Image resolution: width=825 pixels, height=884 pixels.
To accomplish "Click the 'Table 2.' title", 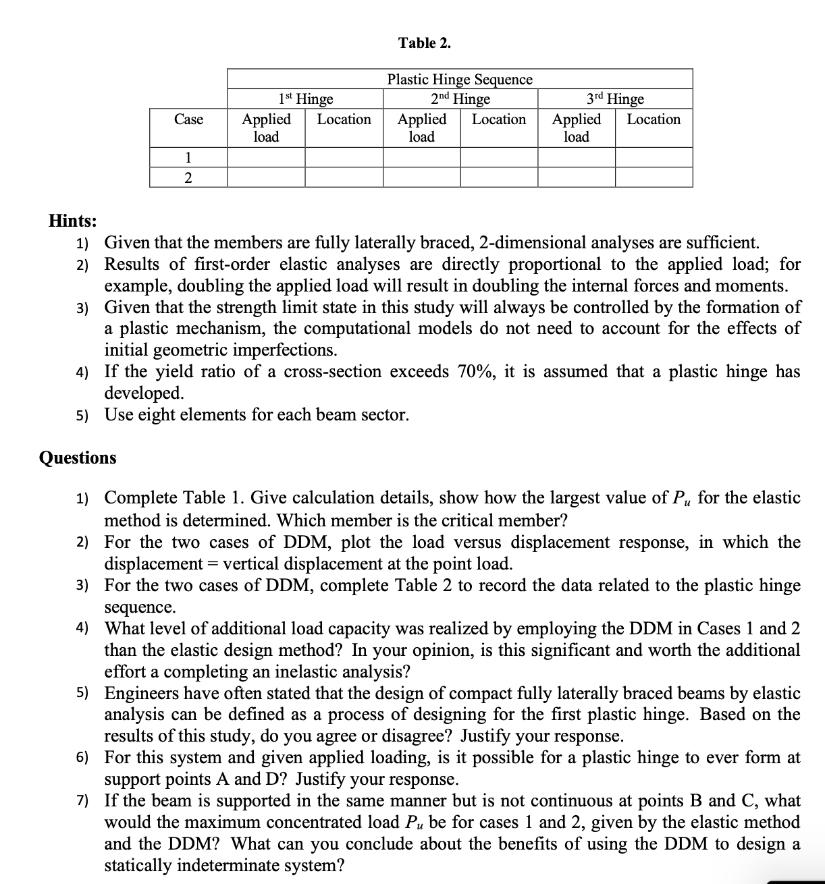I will (425, 43).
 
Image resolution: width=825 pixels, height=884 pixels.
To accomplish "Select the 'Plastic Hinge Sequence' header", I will (460, 79).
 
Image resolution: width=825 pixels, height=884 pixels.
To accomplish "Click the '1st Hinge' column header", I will (305, 99).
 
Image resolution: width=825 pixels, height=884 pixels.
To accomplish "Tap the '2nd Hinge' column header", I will (460, 99).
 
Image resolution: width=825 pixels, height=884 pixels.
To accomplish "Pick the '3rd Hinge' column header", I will (615, 99).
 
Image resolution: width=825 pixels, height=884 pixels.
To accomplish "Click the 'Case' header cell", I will (188, 119).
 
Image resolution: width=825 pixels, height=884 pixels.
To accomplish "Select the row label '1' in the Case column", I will (188, 158).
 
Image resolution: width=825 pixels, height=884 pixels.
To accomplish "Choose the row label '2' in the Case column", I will (188, 177).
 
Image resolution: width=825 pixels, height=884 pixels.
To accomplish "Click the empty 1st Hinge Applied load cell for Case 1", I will (266, 158).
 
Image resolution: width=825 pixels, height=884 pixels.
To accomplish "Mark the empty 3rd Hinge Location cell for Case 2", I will (654, 177).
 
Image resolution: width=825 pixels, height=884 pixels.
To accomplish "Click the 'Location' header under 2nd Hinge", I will (499, 119).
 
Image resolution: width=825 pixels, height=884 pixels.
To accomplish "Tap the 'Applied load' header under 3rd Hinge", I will (577, 128).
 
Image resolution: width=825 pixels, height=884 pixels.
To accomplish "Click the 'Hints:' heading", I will (72, 221).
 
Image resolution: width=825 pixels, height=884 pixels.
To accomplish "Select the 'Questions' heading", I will (78, 458).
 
